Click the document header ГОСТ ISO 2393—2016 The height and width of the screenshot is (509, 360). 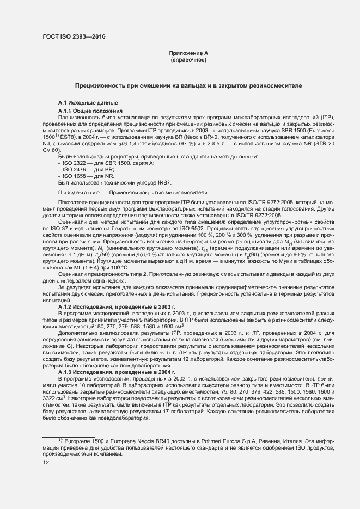pyautogui.click(x=74, y=36)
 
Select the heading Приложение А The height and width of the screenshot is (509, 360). pyautogui.click(x=188, y=53)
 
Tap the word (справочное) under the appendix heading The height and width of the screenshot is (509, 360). pyautogui.click(x=188, y=59)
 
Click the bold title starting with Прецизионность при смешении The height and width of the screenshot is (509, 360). pyautogui.click(x=188, y=86)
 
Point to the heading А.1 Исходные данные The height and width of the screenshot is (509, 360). pyautogui.click(x=87, y=103)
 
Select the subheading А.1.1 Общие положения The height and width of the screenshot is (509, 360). pyautogui.click(x=90, y=111)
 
